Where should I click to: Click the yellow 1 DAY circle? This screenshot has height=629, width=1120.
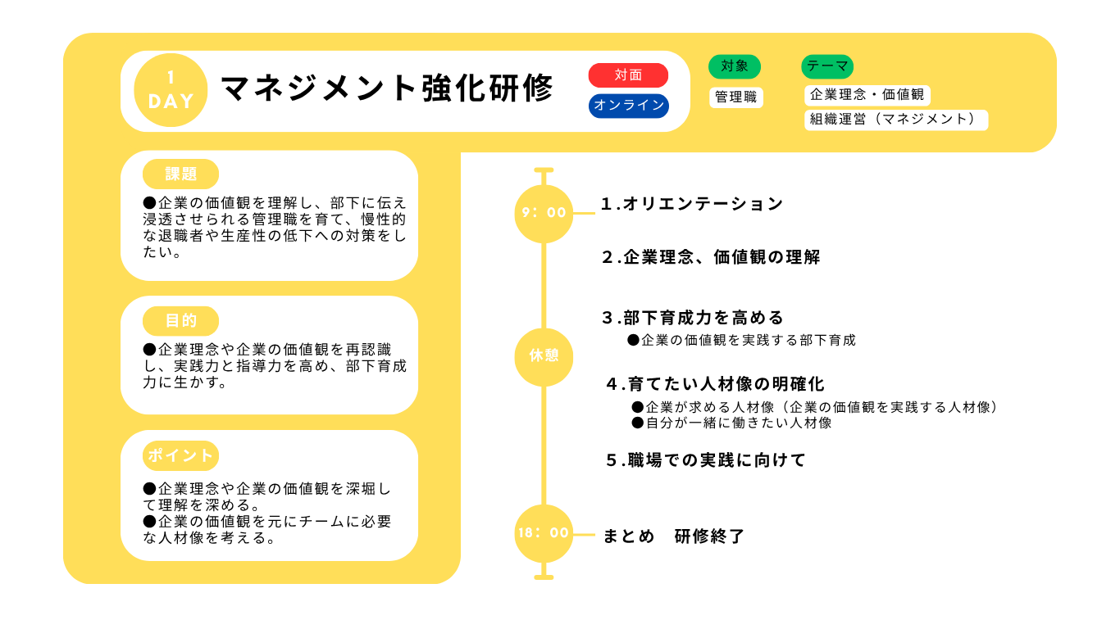(171, 90)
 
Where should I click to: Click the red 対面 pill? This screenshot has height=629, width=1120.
(629, 75)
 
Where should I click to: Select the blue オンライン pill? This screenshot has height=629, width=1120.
(629, 106)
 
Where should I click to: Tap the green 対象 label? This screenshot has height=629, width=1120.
(735, 66)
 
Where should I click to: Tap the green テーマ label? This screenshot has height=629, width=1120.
(827, 66)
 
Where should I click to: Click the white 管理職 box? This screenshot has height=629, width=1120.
(736, 97)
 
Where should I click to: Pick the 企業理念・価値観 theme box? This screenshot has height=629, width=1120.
(867, 95)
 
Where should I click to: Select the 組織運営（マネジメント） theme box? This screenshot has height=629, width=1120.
(896, 120)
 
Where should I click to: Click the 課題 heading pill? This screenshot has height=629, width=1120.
(180, 174)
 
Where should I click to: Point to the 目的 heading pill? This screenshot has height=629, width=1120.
(180, 321)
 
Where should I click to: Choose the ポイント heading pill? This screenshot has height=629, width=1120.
(180, 455)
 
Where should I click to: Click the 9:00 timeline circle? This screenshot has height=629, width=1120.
(544, 214)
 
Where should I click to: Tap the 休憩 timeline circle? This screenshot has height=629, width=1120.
(544, 357)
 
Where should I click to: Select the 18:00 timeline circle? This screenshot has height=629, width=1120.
(544, 533)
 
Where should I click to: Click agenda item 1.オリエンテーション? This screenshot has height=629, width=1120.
(692, 204)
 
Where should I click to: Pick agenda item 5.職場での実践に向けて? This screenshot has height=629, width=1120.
(706, 460)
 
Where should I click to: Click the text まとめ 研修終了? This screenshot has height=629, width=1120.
(674, 536)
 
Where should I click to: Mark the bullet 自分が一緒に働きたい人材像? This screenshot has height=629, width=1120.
(732, 423)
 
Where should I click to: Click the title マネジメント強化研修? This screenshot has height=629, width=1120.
(387, 88)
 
